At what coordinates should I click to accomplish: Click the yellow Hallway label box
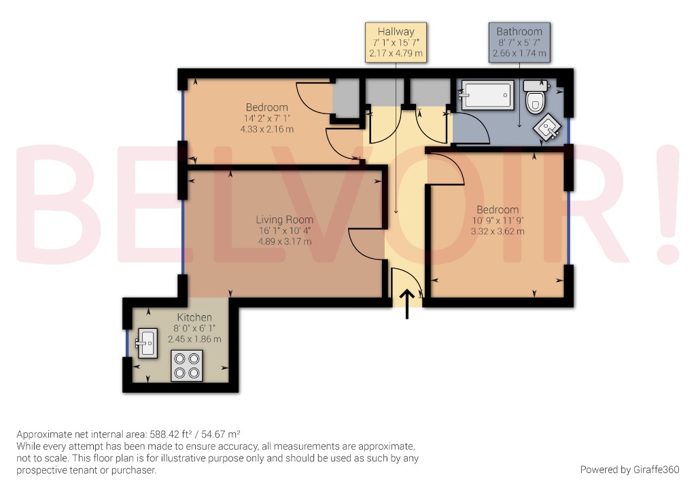(396, 43)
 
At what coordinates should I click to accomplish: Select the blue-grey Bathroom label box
(519, 43)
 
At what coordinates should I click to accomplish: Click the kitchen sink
(146, 342)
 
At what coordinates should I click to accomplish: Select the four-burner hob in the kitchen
(187, 365)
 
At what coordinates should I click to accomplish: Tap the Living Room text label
(284, 219)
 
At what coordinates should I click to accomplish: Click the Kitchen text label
(194, 317)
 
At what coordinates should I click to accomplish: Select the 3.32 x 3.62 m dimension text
(498, 231)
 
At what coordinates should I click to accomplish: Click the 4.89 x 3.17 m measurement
(284, 241)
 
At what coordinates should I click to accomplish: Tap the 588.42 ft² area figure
(173, 434)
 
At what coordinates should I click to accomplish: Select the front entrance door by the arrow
(406, 282)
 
